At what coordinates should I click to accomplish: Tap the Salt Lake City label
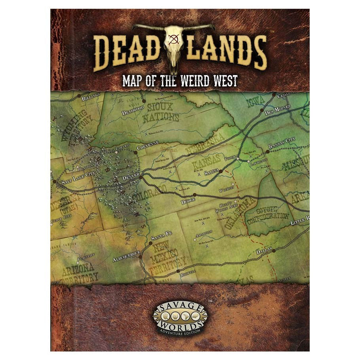(78, 183)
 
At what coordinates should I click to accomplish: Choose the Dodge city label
(188, 201)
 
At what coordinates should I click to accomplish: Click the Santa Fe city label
(162, 238)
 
